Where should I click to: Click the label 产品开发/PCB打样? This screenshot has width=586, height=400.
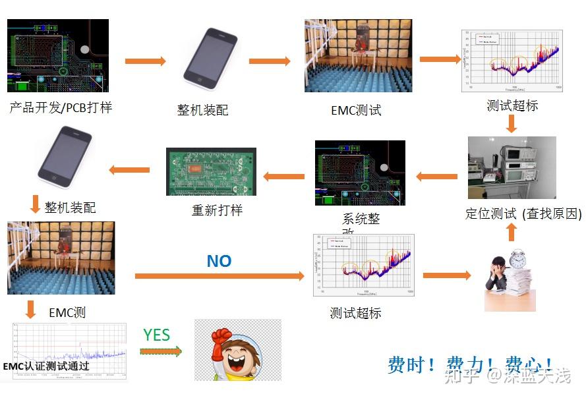click(61, 107)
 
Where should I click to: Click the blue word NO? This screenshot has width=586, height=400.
click(219, 262)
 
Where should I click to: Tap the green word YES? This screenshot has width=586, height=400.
click(157, 335)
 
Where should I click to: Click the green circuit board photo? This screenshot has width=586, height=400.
click(211, 171)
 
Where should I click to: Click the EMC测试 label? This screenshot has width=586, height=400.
click(356, 110)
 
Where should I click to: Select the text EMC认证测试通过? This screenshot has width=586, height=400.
click(46, 366)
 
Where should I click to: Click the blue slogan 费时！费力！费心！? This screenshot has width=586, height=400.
click(471, 365)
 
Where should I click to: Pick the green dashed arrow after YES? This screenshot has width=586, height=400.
click(161, 351)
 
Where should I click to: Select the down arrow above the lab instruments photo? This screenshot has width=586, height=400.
click(511, 123)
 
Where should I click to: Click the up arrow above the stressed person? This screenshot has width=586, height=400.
click(511, 232)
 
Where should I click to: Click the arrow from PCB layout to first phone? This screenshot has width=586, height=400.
click(146, 61)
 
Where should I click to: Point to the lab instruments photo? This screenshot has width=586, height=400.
click(512, 167)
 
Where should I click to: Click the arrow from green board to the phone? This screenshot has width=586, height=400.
click(129, 170)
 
